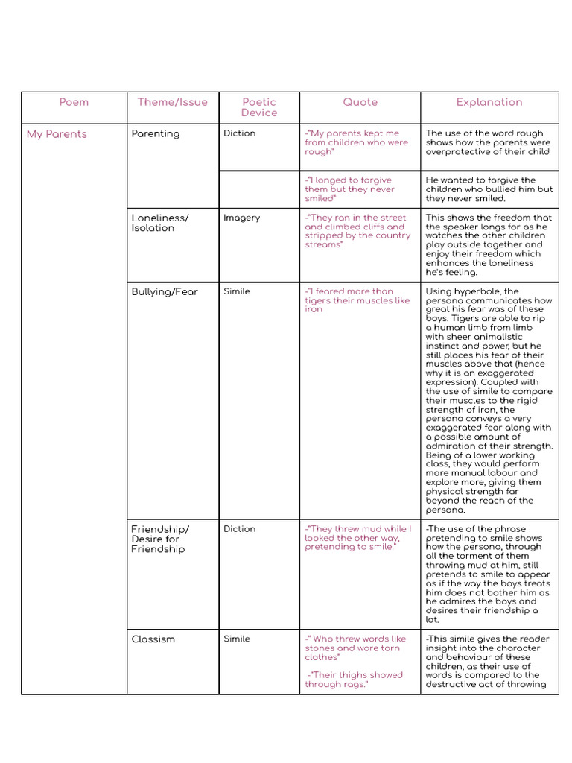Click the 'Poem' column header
pyautogui.click(x=74, y=102)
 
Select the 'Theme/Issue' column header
pyautogui.click(x=173, y=102)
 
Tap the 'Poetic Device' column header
pyautogui.click(x=259, y=107)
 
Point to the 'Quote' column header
pyautogui.click(x=360, y=102)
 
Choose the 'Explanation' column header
pyautogui.click(x=489, y=102)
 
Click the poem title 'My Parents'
pyautogui.click(x=57, y=134)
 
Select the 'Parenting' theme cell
pyautogui.click(x=156, y=134)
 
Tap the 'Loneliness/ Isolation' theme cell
pyautogui.click(x=160, y=223)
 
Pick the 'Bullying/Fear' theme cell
pyautogui.click(x=165, y=292)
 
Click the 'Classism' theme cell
pyautogui.click(x=153, y=639)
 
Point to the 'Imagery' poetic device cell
pyautogui.click(x=242, y=218)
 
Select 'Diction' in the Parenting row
pyautogui.click(x=239, y=133)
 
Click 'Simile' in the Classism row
pyautogui.click(x=237, y=639)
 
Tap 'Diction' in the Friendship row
pyautogui.click(x=239, y=529)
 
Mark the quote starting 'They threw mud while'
pyautogui.click(x=357, y=538)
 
